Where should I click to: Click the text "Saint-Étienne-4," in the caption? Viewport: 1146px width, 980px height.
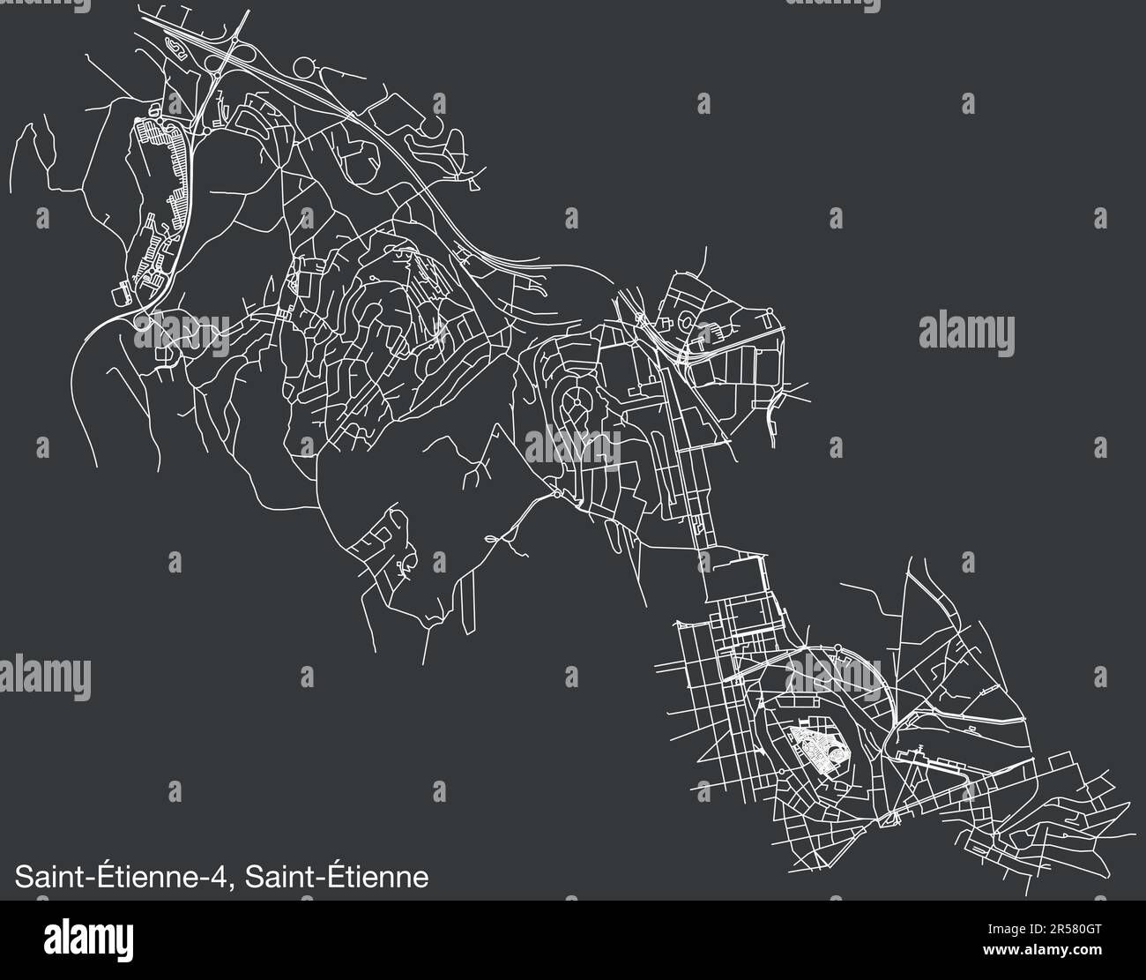click(x=123, y=878)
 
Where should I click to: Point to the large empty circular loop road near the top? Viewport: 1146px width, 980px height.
click(x=309, y=67)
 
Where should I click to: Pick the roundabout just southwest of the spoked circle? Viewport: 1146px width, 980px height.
click(x=558, y=494)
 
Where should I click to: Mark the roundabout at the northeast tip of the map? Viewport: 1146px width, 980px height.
click(x=770, y=310)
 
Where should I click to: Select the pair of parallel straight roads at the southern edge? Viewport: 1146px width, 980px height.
click(x=467, y=600)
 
